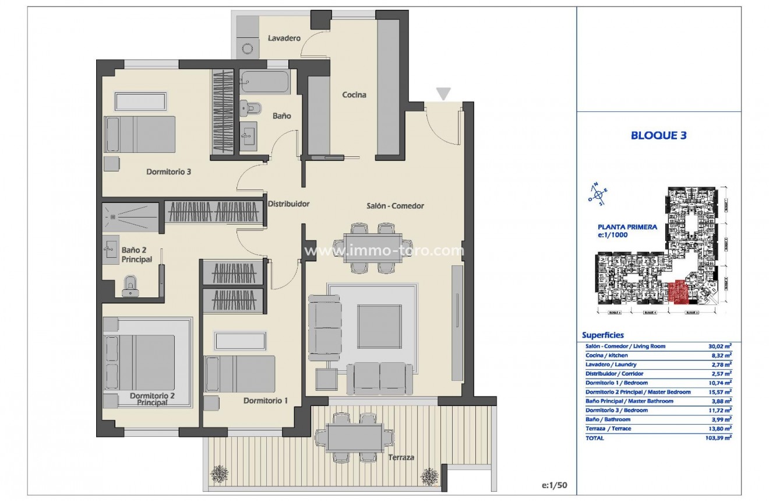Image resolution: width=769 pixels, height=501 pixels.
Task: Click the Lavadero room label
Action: coord(284,38)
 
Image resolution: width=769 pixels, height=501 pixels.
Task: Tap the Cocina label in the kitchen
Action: coord(354,94)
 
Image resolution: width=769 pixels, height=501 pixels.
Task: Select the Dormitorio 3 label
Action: coord(169,172)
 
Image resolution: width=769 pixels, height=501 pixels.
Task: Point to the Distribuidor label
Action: coord(288,204)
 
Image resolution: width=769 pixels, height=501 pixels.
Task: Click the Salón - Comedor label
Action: coord(395,206)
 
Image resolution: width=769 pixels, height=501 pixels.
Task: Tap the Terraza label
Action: coord(401,458)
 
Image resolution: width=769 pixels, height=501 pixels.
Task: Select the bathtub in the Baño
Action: coord(265,82)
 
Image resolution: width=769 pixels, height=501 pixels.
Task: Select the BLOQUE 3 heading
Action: coord(658,135)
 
